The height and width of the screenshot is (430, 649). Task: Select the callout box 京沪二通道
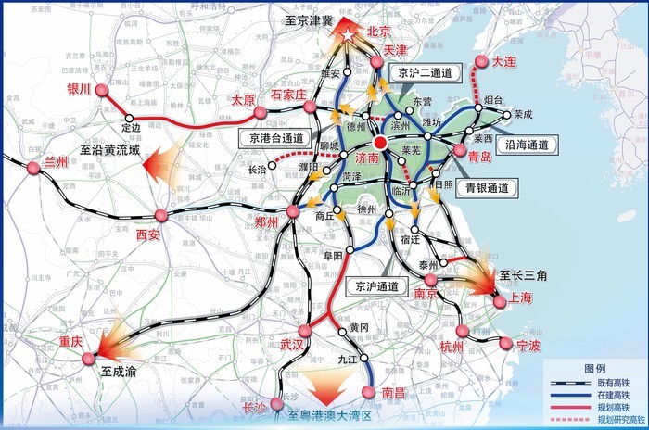click(x=423, y=71)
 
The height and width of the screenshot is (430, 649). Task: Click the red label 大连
click(x=505, y=61)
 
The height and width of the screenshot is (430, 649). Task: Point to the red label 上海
click(x=520, y=298)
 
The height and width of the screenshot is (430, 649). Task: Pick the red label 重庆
click(x=71, y=341)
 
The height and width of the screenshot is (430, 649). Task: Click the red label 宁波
click(x=529, y=347)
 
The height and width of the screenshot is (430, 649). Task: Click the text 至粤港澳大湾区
click(x=329, y=416)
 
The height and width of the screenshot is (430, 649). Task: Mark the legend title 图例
click(x=595, y=368)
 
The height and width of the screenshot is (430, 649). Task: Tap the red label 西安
click(x=148, y=235)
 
